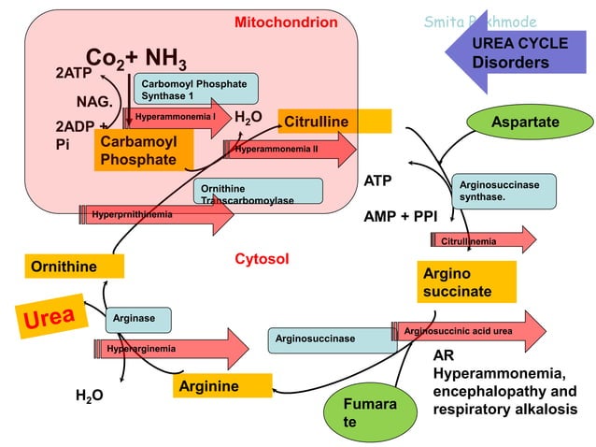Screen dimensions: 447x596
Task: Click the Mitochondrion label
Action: point(285,22)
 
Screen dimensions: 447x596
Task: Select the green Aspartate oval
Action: point(526,123)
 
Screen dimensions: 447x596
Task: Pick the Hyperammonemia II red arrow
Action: point(290,149)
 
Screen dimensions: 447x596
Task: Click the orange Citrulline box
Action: point(334,123)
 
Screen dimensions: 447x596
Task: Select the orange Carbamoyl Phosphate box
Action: point(143,151)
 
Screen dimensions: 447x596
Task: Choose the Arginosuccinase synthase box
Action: point(504,191)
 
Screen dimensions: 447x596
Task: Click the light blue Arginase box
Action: point(137,319)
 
